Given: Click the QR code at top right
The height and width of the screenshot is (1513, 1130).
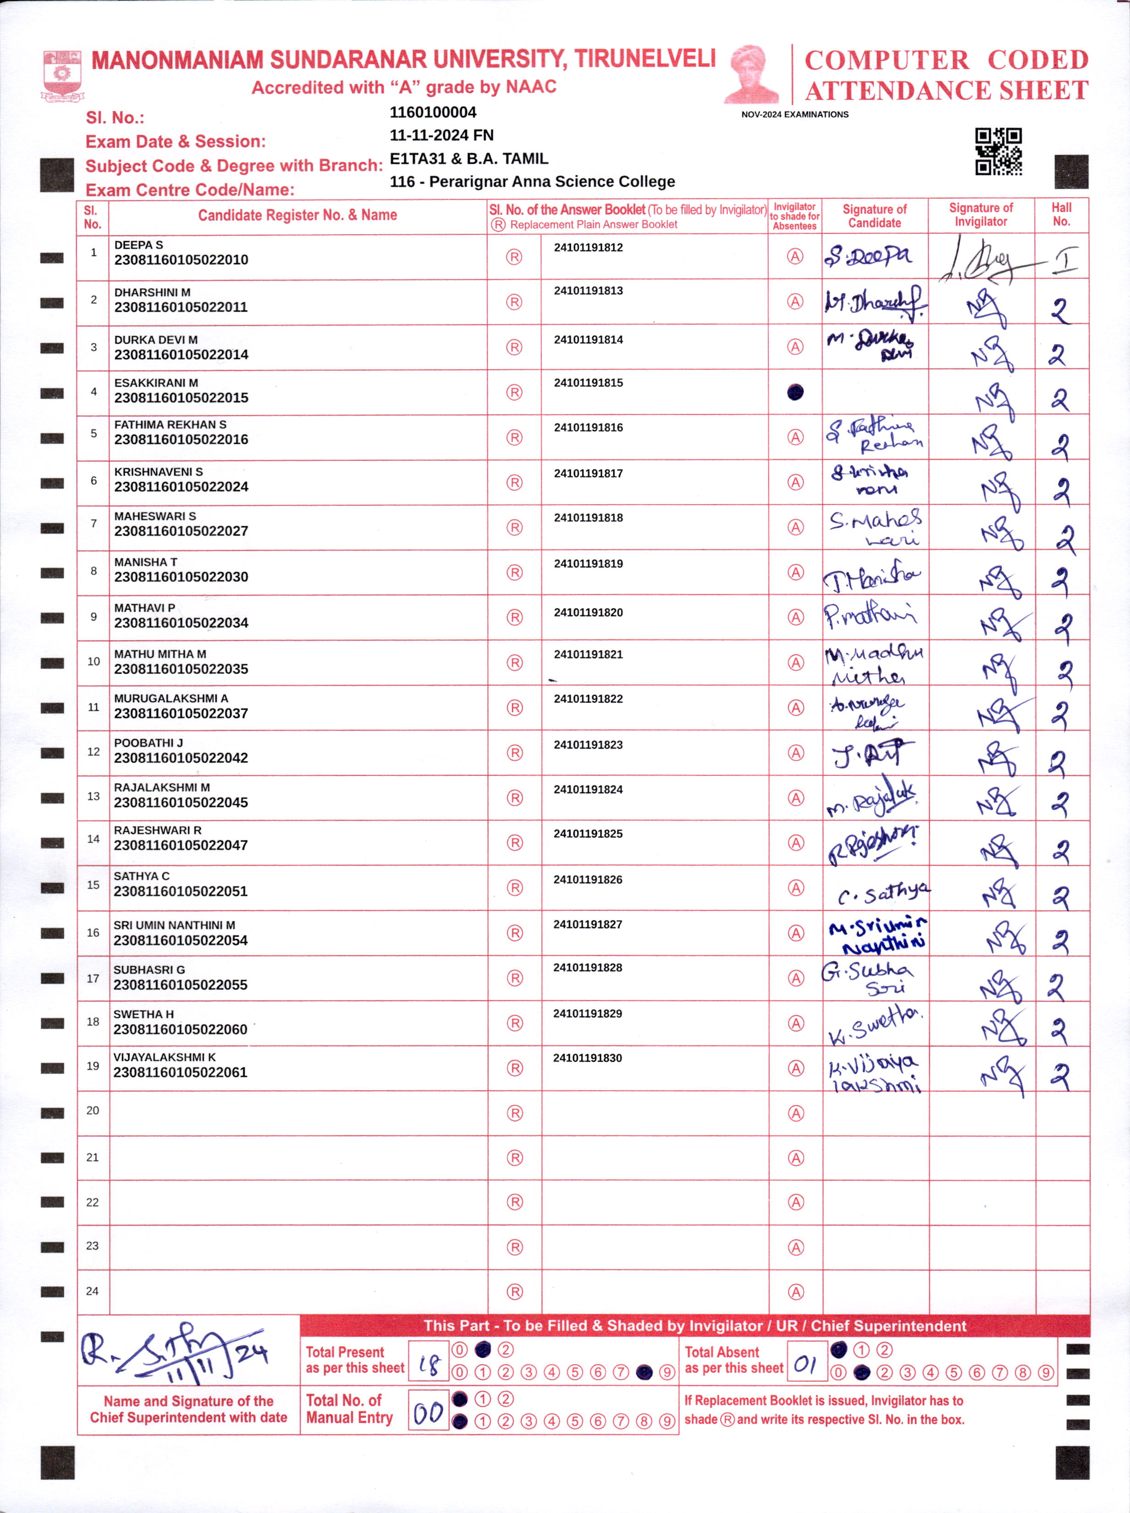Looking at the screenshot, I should click(x=998, y=151).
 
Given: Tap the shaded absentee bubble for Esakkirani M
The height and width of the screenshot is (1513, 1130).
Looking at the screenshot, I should click(x=795, y=392).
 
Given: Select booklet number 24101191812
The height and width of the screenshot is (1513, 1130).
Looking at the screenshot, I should click(x=588, y=248).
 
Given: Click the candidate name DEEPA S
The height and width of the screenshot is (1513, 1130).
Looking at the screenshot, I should click(x=138, y=245).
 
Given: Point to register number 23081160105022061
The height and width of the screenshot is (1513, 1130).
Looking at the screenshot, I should click(x=180, y=1072).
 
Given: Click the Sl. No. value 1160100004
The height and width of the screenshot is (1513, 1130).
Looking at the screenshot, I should click(x=433, y=112).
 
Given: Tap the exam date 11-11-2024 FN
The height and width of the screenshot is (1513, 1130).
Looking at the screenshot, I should click(x=441, y=135).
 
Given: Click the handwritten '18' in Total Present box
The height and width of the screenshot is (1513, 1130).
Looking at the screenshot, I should click(x=429, y=1365).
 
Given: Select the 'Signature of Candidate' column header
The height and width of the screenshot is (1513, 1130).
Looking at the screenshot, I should click(x=874, y=216).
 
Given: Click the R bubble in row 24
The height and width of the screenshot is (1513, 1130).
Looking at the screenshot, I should click(x=514, y=1291).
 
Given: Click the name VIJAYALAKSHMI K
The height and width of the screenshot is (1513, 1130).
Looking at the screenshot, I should click(x=164, y=1057).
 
